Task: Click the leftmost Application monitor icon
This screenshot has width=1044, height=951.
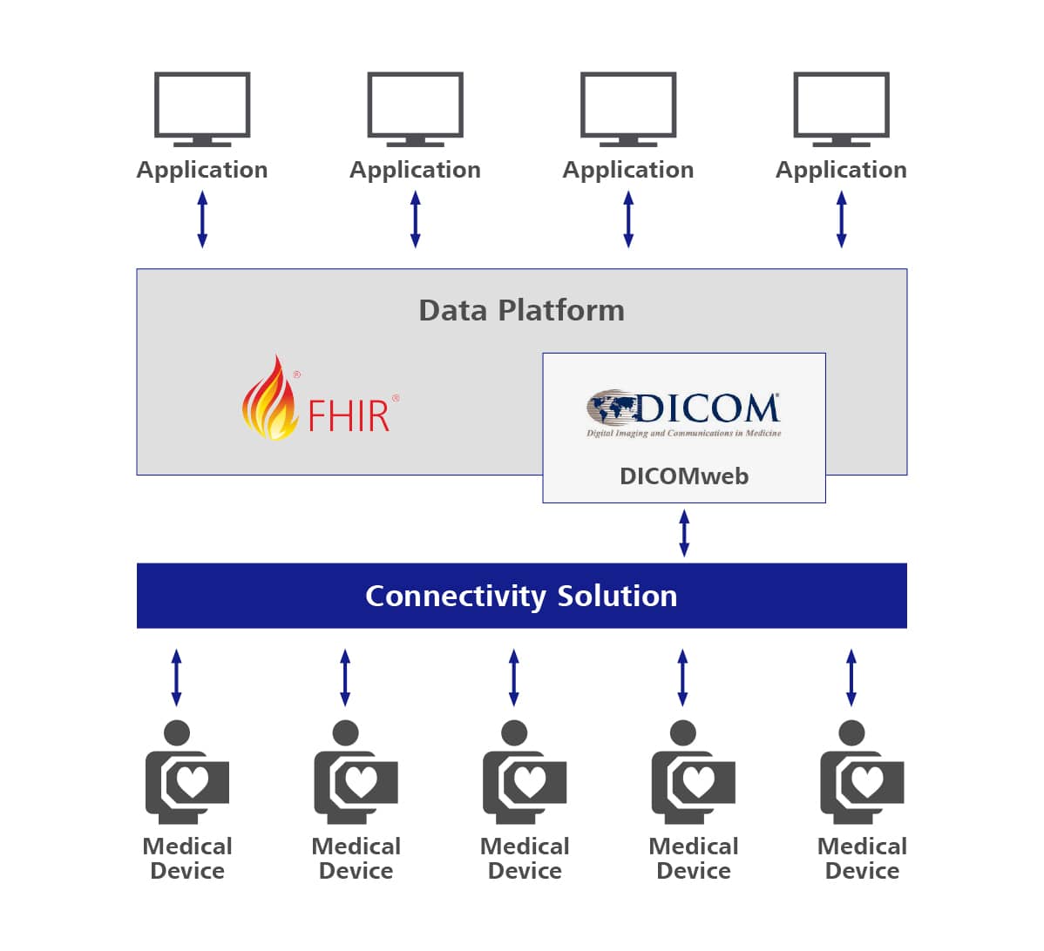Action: click(x=202, y=107)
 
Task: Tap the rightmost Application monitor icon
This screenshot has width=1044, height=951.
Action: click(x=841, y=107)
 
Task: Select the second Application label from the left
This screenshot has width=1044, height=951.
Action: click(x=415, y=170)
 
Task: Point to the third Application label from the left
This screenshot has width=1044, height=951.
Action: click(x=627, y=170)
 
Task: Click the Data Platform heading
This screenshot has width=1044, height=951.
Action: click(x=521, y=310)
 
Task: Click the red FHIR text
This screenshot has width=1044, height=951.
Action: click(x=349, y=415)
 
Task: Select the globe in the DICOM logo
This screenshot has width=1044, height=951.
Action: click(x=613, y=408)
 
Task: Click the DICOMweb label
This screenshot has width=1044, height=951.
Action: click(x=683, y=476)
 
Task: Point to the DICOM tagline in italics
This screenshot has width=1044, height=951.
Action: click(x=683, y=433)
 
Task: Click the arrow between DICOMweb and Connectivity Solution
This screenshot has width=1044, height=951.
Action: click(x=684, y=533)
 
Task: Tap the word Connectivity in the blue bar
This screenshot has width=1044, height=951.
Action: click(x=455, y=596)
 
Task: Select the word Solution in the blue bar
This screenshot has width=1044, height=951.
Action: click(x=617, y=596)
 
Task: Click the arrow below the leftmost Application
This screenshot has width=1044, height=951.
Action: click(x=202, y=219)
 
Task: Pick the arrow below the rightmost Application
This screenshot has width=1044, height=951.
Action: click(x=841, y=219)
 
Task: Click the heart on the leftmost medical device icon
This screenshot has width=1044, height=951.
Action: click(x=193, y=781)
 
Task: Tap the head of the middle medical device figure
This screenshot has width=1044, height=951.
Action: click(x=514, y=733)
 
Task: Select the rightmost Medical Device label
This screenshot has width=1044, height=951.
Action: click(x=861, y=858)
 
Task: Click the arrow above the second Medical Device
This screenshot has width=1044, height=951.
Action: click(x=345, y=677)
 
